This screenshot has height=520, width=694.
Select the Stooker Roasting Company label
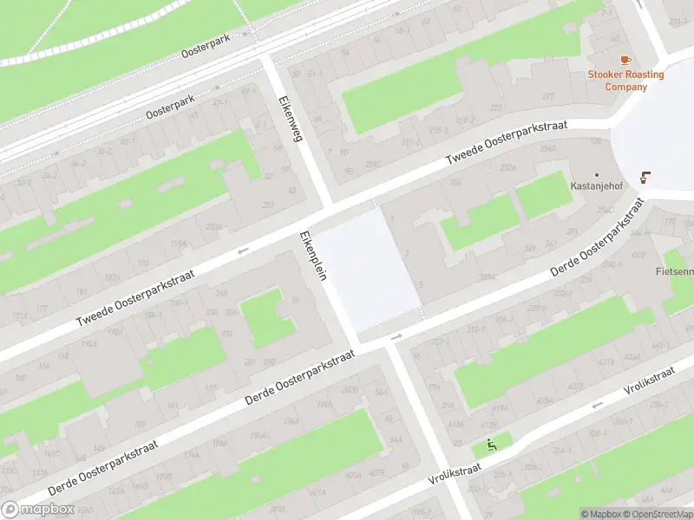[x=625, y=80]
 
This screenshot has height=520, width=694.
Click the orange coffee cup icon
[x=625, y=61]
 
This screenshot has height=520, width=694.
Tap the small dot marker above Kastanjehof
[x=597, y=174]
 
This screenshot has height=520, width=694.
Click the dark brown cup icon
[x=645, y=178]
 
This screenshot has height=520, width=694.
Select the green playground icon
[x=492, y=446]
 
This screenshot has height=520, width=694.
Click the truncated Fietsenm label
[x=675, y=271]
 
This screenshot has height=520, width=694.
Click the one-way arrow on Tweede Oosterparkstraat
[x=243, y=250]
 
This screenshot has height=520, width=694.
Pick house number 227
[x=547, y=96]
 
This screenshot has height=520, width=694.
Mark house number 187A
[x=113, y=277]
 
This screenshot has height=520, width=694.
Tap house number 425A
[x=545, y=400]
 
